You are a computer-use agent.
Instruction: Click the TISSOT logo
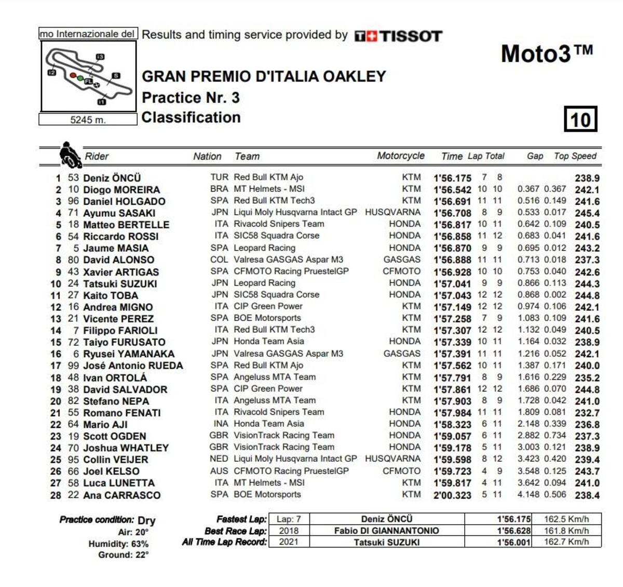click(398, 36)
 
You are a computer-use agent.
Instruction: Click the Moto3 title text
click(546, 54)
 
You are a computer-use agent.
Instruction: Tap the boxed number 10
click(580, 120)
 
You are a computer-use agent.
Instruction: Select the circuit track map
click(89, 76)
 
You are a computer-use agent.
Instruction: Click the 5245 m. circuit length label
click(88, 120)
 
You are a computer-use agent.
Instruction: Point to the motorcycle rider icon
click(69, 155)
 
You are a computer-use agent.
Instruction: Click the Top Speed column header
click(575, 156)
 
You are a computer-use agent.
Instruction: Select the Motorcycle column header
click(400, 156)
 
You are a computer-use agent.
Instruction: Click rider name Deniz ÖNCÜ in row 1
click(112, 178)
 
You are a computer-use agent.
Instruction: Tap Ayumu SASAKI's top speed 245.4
click(587, 213)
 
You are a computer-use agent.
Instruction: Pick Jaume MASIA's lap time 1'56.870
click(452, 249)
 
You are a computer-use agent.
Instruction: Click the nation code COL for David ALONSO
click(219, 259)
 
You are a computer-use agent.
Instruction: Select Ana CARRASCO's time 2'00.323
click(452, 495)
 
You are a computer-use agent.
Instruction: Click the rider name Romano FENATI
click(122, 413)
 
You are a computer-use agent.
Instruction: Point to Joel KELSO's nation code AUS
click(219, 471)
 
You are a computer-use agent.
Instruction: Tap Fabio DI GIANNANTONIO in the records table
click(386, 531)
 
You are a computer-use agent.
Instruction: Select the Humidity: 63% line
click(118, 544)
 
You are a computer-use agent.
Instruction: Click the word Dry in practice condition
click(146, 520)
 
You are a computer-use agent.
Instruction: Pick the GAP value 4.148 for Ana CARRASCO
click(528, 494)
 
